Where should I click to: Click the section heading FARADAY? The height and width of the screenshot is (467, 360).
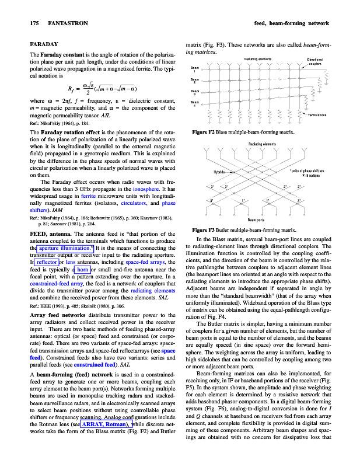(x=43, y=44)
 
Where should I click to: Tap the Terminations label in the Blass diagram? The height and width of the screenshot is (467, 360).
(x=317, y=114)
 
